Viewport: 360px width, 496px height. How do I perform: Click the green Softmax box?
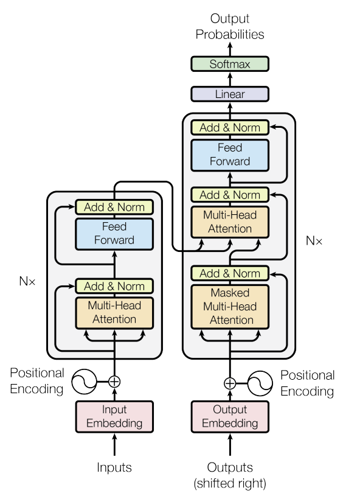[x=229, y=64]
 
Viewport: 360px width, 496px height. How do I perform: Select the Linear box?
[x=229, y=94]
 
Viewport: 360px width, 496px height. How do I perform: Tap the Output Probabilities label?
[x=229, y=27]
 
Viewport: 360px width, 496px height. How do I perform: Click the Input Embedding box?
[x=114, y=416]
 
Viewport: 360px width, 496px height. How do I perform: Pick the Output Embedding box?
[x=229, y=416]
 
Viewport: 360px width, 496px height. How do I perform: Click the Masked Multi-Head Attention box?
[x=229, y=306]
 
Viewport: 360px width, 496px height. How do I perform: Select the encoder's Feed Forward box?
[x=114, y=233]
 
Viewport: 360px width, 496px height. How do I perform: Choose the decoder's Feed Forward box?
[x=229, y=155]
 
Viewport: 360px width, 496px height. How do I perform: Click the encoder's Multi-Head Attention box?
[x=114, y=312]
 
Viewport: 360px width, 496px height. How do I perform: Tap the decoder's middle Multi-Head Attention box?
[x=229, y=222]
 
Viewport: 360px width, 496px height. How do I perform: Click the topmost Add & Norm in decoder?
[x=229, y=128]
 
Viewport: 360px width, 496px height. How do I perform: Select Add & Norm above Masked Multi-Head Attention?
[x=229, y=273]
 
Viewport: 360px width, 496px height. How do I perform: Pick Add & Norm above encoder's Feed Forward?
[x=114, y=207]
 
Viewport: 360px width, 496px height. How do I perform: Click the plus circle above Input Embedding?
[x=114, y=382]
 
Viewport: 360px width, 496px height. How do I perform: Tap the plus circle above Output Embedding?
[x=229, y=383]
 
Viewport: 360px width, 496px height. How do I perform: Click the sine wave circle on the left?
[x=83, y=382]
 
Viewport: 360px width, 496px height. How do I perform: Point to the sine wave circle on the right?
[x=260, y=383]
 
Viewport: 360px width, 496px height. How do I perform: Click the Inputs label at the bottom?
[x=114, y=467]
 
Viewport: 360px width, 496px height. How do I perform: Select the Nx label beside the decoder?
[x=314, y=241]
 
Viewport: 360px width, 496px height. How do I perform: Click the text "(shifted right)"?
[x=229, y=483]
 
